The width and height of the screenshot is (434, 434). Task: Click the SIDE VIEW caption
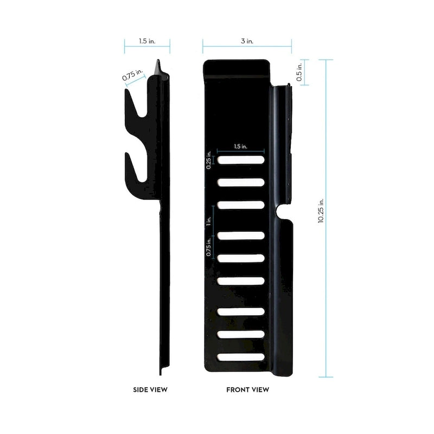pos(150,390)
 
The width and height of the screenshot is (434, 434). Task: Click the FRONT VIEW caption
pos(248,390)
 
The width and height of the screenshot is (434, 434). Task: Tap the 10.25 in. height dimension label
pos(321,210)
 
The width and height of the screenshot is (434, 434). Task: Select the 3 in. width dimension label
pos(247,41)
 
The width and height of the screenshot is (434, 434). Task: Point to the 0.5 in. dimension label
pos(299,72)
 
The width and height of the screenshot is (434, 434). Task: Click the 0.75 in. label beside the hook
pos(133,74)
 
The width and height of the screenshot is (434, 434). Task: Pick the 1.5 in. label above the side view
pos(147,41)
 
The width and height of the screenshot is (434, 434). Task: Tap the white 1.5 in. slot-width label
pos(240,146)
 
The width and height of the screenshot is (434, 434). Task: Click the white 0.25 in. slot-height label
pos(209,159)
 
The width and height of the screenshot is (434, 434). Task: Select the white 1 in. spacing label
pos(209,221)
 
